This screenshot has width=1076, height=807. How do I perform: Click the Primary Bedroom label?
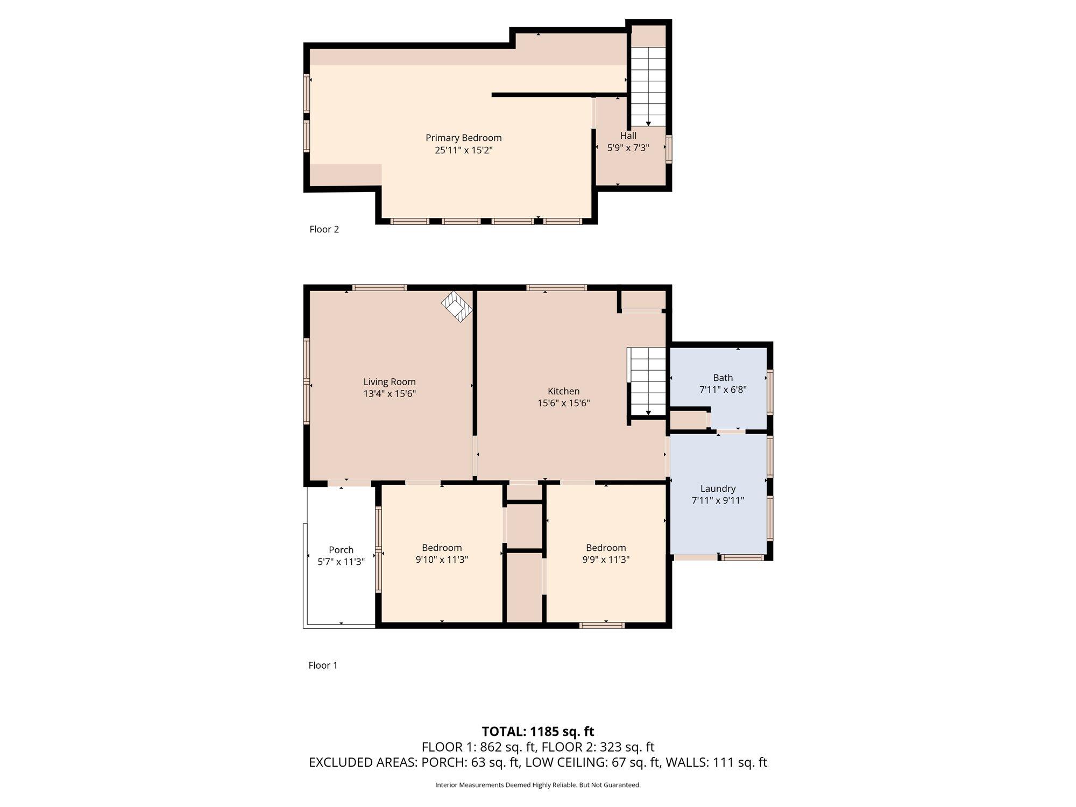[x=463, y=138]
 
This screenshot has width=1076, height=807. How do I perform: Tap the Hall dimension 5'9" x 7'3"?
[x=628, y=148]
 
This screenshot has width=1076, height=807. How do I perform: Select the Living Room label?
[x=390, y=382]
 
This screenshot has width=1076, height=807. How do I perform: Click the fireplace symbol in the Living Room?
[x=457, y=307]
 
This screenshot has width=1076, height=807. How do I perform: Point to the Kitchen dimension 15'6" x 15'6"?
[x=563, y=403]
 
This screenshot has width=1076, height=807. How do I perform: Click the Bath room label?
[x=723, y=378]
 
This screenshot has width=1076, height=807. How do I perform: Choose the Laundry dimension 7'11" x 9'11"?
[x=718, y=500]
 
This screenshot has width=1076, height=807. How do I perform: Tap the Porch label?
[x=341, y=550]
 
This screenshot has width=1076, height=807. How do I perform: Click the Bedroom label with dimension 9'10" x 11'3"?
[x=442, y=548]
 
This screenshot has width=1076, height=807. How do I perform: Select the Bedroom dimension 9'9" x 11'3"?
[x=606, y=560]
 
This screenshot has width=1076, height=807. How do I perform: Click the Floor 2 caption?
[x=324, y=229]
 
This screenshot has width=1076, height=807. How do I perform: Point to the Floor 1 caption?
[x=323, y=665]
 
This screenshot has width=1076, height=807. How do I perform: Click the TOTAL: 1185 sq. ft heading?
[x=538, y=732]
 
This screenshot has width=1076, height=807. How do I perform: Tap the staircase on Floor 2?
[x=648, y=86]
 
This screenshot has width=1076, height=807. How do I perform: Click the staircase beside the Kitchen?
[x=648, y=381]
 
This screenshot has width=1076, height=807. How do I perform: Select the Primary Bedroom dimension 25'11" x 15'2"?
[x=463, y=150]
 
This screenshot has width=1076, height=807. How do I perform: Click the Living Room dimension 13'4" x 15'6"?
[x=390, y=394]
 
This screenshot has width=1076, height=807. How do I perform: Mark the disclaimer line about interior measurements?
[x=538, y=785]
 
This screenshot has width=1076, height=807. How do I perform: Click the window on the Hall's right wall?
[x=669, y=149]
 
